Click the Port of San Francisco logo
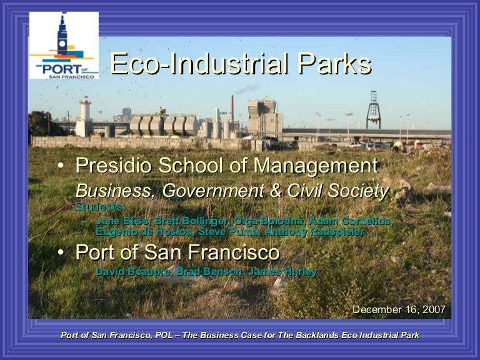click(x=64, y=45)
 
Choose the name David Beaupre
click(x=133, y=271)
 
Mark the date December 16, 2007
click(x=399, y=309)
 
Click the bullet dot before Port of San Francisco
click(x=60, y=253)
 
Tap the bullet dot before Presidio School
click(x=60, y=167)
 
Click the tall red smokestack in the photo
click(x=232, y=107)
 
